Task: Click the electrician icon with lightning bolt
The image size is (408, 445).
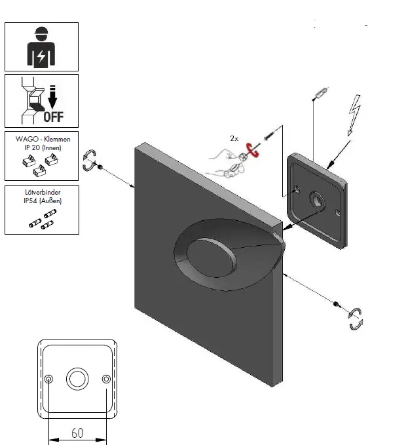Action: coord(41,47)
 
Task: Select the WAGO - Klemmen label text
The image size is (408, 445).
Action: coord(42,140)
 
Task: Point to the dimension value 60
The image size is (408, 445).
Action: coord(77,433)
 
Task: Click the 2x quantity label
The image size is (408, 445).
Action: coord(234,138)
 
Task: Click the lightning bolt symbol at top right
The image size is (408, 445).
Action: coord(356,115)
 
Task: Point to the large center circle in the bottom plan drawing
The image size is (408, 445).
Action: coord(77,379)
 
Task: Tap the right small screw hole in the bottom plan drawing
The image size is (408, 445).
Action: coord(105,379)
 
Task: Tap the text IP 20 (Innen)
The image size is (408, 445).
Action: coord(42,149)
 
